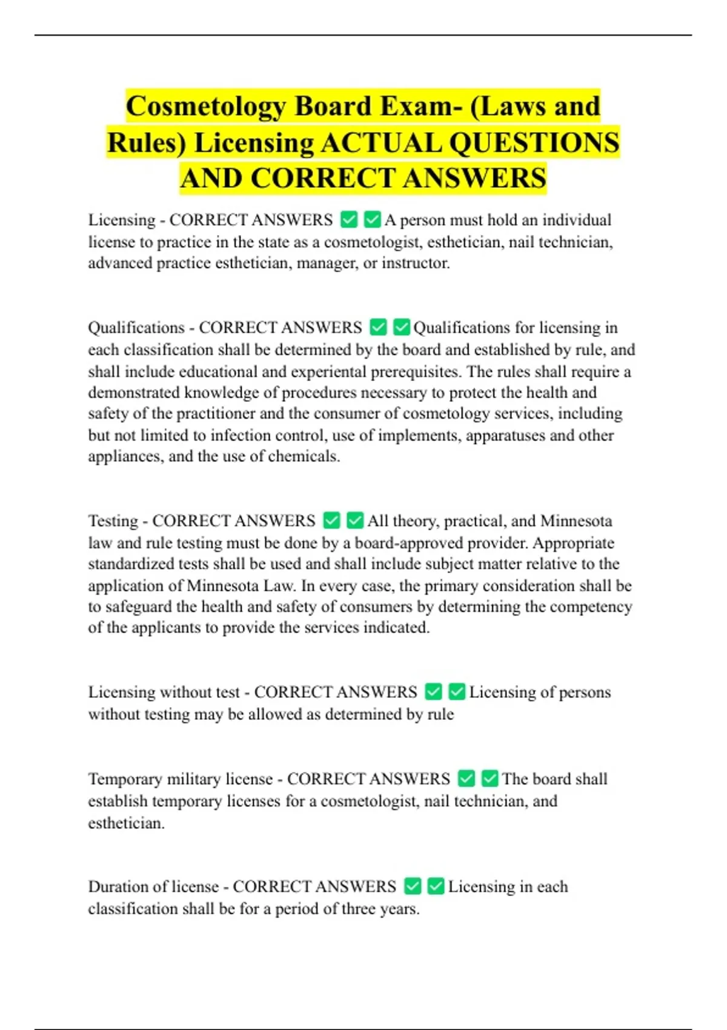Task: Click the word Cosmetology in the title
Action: pyautogui.click(x=205, y=107)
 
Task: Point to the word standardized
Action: pyautogui.click(x=131, y=564)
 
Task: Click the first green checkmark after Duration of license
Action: pyautogui.click(x=413, y=886)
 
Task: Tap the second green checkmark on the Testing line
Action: pyautogui.click(x=355, y=520)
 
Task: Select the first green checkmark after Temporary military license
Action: pyautogui.click(x=466, y=779)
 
